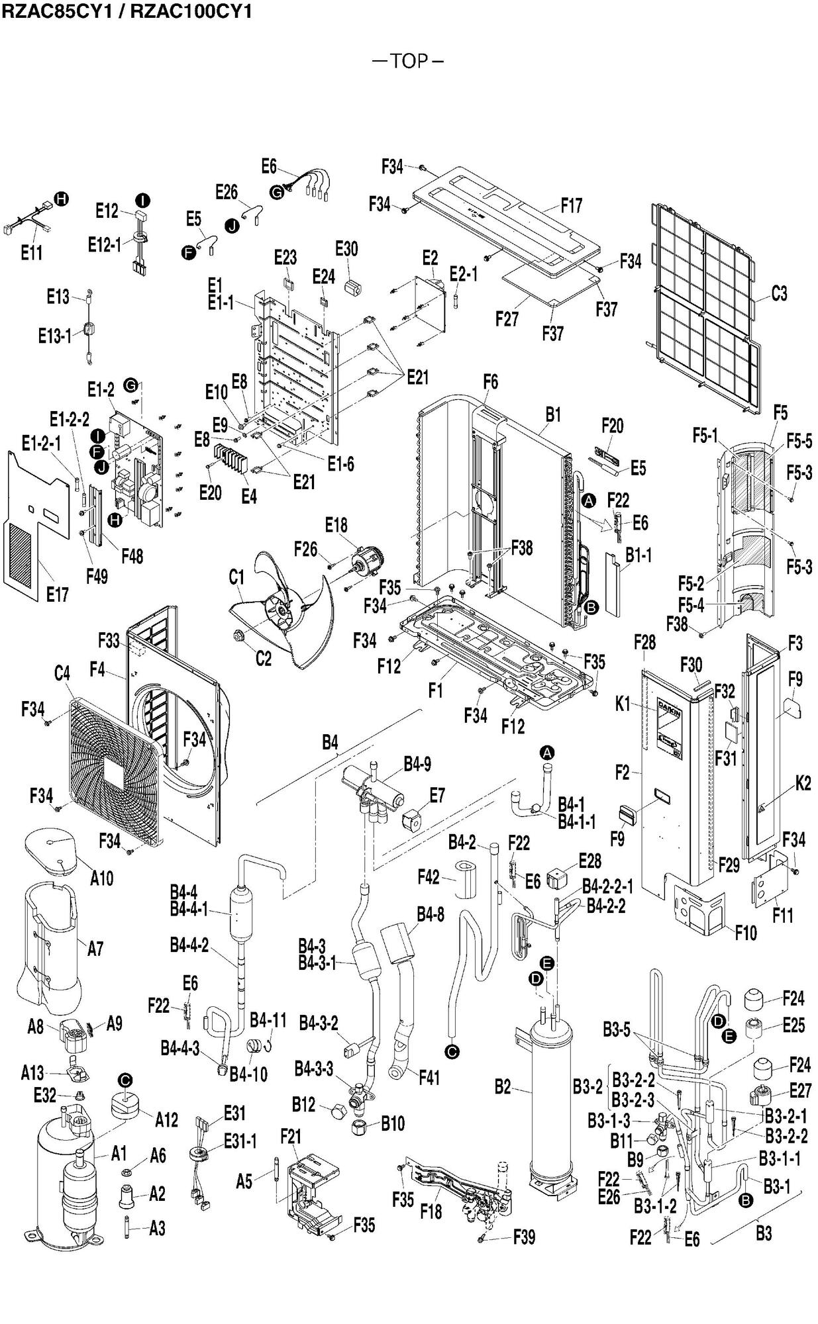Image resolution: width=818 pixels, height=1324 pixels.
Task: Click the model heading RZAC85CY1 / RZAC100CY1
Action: click(127, 11)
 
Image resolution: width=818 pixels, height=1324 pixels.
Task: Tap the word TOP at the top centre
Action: click(409, 62)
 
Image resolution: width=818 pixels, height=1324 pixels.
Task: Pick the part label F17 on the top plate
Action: click(571, 205)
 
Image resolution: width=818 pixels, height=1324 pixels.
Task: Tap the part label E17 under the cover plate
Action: click(57, 594)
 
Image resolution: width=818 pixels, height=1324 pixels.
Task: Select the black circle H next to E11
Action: click(61, 199)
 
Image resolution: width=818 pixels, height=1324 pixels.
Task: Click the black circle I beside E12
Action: click(142, 200)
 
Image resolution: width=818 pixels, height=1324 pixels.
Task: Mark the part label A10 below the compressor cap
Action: click(101, 878)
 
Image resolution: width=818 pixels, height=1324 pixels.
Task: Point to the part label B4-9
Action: click(417, 764)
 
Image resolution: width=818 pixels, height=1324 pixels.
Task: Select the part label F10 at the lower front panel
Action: click(745, 932)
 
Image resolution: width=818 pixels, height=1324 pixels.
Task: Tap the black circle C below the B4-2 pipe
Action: click(453, 1051)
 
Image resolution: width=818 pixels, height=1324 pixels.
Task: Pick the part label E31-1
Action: click(240, 1141)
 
